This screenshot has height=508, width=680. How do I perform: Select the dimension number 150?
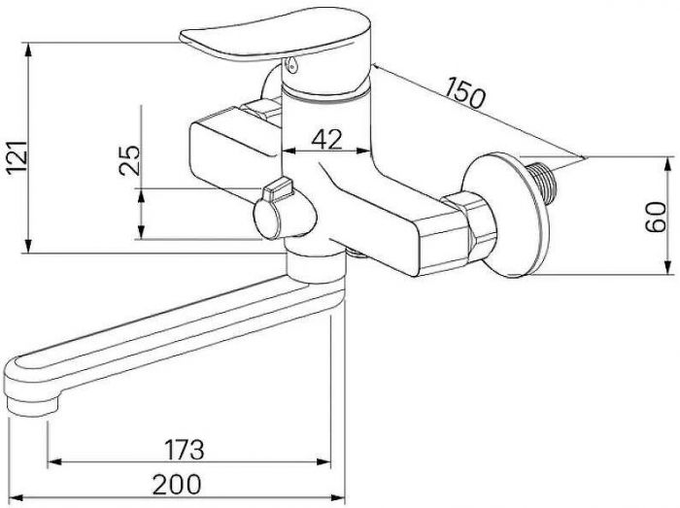(x=465, y=92)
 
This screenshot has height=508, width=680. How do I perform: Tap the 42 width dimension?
(x=326, y=139)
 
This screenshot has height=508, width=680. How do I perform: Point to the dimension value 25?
(x=129, y=160)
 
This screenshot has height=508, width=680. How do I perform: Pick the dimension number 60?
(x=656, y=217)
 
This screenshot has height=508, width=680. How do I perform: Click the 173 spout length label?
(x=184, y=450)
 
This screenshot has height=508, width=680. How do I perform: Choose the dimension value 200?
(x=177, y=484)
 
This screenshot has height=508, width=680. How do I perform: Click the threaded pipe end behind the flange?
(x=542, y=183)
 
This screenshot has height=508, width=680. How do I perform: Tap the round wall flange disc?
(x=506, y=215)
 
